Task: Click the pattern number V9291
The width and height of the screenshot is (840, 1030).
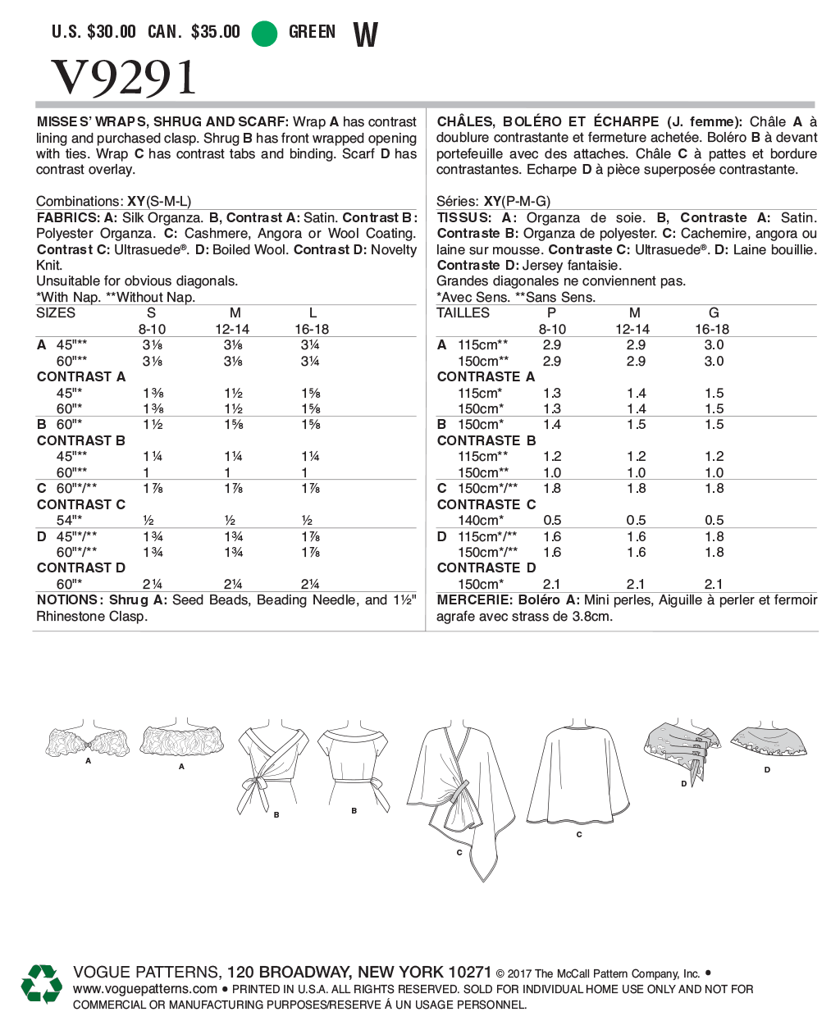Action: coord(124,78)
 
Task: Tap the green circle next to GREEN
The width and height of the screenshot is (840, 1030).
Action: coord(264,33)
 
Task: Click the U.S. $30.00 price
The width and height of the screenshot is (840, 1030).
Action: coord(94,32)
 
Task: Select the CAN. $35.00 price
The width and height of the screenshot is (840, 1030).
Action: coord(194,32)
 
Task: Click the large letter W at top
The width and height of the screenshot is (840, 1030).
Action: coord(365,34)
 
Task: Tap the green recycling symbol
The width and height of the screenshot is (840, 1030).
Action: coord(41,984)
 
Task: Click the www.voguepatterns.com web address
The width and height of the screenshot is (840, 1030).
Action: coord(145,989)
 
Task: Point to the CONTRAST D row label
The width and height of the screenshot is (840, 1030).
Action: coord(81,567)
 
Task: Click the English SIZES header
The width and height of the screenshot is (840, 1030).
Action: coord(56,312)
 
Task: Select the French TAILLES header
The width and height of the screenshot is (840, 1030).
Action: coord(463,312)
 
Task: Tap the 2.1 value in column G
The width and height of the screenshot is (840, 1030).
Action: coord(714,584)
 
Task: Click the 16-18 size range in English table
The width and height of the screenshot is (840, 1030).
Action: coord(312,329)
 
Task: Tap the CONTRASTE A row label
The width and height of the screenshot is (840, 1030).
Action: coord(486,376)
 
